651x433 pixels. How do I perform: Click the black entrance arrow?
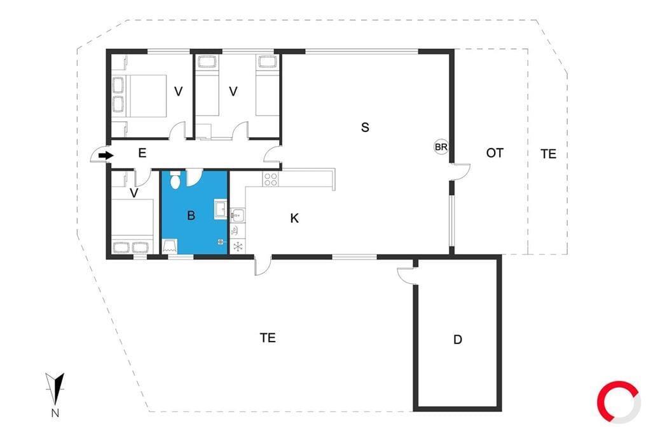click(106, 156)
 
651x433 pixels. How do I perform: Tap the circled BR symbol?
click(441, 147)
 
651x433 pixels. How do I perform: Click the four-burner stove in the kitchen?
click(271, 179)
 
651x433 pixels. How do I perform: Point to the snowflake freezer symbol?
click(238, 247)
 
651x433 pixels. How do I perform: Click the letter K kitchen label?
click(294, 218)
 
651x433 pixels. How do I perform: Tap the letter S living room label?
click(365, 128)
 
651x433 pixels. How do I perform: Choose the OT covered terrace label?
click(495, 153)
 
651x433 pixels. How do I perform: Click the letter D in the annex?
click(458, 340)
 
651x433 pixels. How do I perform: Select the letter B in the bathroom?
click(191, 215)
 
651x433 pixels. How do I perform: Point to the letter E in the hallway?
click(142, 154)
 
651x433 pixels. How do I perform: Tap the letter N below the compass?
click(55, 413)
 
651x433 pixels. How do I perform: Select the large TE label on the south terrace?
click(268, 338)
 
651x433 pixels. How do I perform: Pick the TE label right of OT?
click(549, 154)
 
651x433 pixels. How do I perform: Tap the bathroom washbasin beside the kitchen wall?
click(221, 209)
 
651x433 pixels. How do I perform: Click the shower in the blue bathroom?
click(169, 246)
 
